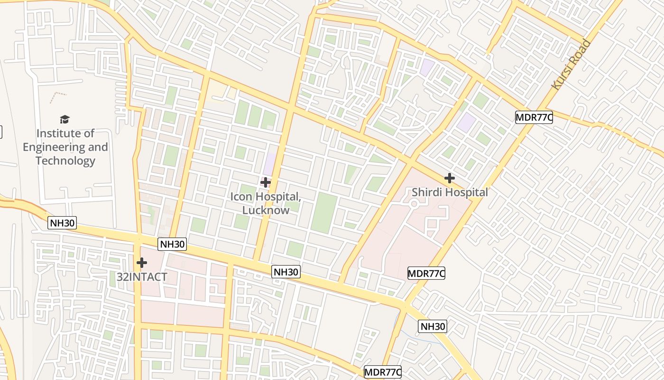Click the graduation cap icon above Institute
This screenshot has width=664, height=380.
pyautogui.click(x=65, y=119)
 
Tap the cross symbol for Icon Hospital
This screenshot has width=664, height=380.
pyautogui.click(x=266, y=182)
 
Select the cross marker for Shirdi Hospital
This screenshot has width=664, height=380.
pyautogui.click(x=449, y=178)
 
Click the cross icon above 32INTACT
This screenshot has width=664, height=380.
pyautogui.click(x=141, y=262)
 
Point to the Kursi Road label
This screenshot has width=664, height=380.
pyautogui.click(x=571, y=65)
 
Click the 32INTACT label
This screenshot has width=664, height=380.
pyautogui.click(x=142, y=277)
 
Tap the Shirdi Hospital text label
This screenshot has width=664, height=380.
pyautogui.click(x=450, y=192)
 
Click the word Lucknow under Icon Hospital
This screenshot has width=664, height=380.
pyautogui.click(x=266, y=210)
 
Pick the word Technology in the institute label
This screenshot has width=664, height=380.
pyautogui.click(x=65, y=161)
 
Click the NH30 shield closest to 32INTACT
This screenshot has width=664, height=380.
pyautogui.click(x=172, y=245)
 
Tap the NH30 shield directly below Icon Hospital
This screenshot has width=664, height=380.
pyautogui.click(x=286, y=272)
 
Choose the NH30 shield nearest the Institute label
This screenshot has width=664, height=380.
pyautogui.click(x=62, y=222)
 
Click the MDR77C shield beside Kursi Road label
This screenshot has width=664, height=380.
pyautogui.click(x=534, y=117)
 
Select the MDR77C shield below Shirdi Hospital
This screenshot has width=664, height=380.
pyautogui.click(x=426, y=273)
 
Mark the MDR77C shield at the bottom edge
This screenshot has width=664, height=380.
pyautogui.click(x=383, y=372)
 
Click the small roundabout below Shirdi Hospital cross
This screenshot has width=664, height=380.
pyautogui.click(x=414, y=204)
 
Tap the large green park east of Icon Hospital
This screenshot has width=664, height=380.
pyautogui.click(x=324, y=212)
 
